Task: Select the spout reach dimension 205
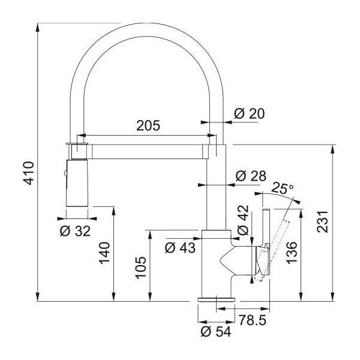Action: tap(148, 125)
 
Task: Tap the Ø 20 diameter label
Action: tap(250, 113)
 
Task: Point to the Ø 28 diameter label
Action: tap(251, 176)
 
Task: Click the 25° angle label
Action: tap(282, 188)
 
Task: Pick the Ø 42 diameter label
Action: tap(243, 220)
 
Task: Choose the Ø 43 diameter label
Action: tap(180, 248)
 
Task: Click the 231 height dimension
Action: tap(322, 221)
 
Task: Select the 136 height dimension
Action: tap(292, 253)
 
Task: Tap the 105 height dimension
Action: tap(140, 268)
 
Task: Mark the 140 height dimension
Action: tap(104, 253)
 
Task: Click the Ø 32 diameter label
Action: tap(75, 231)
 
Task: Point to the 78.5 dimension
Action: tap(253, 320)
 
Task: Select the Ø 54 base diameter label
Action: tap(216, 332)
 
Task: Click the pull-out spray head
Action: tap(77, 183)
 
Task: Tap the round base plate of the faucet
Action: tap(216, 299)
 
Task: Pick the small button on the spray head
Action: tap(65, 173)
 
